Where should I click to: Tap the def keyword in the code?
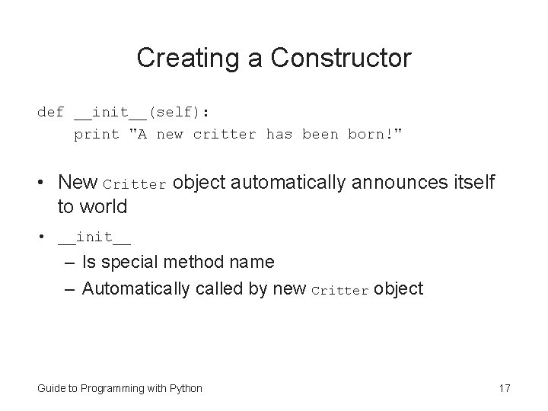coord(50,113)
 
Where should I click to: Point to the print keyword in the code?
coord(96,135)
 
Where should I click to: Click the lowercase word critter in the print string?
coord(225,135)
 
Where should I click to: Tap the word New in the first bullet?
coord(78,183)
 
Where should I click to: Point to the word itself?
coord(467,183)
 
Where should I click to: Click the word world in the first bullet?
coord(102,205)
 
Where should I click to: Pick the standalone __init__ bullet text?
coord(94,238)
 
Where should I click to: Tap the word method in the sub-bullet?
coord(201,263)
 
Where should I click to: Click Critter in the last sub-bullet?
coord(340,290)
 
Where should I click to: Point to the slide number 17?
coord(504,388)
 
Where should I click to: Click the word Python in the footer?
coord(186,388)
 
